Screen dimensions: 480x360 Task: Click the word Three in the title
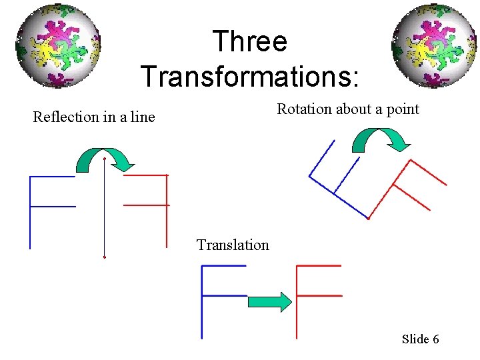(250, 42)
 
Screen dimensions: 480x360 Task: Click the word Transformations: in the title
(250, 75)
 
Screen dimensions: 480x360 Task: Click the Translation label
(233, 245)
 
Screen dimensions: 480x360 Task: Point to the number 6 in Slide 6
(435, 339)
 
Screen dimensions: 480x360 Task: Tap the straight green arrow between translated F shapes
(269, 302)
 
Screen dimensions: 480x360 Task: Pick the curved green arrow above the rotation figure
(381, 139)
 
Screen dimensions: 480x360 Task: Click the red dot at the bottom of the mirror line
(105, 257)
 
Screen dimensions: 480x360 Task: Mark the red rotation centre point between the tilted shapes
(369, 218)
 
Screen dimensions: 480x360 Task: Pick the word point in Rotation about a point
(403, 109)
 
